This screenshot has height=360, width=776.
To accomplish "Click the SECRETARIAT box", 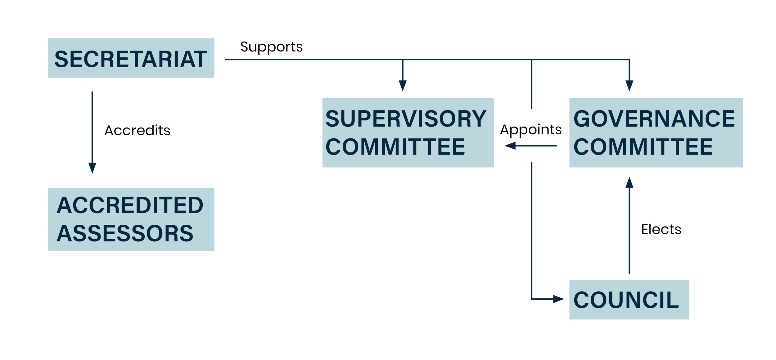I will click(131, 58).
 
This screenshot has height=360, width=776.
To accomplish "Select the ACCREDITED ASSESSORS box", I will click(131, 219).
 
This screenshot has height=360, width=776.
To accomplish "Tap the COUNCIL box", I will click(629, 300).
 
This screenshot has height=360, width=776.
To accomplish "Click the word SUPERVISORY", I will click(405, 119).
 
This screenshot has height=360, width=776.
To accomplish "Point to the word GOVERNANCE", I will click(654, 119).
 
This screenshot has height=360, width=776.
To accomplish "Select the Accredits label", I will click(137, 131).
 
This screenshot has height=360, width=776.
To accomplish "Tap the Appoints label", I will click(531, 130).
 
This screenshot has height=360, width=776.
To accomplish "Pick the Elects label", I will click(661, 230).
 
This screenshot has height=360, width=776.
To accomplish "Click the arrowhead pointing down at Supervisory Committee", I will click(402, 85).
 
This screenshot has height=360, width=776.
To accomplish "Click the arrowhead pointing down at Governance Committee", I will click(629, 85).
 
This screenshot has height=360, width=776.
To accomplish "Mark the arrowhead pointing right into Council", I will click(559, 299).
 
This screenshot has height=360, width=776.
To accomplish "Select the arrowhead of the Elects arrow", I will click(629, 182).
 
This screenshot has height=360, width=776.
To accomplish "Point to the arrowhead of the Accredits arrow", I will click(92, 168).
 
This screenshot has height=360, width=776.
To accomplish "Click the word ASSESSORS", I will click(125, 233).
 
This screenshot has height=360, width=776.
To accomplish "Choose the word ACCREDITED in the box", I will click(130, 205).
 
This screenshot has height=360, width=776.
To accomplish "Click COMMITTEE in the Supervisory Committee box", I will click(395, 147).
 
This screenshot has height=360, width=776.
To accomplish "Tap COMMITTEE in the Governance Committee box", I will click(643, 147).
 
